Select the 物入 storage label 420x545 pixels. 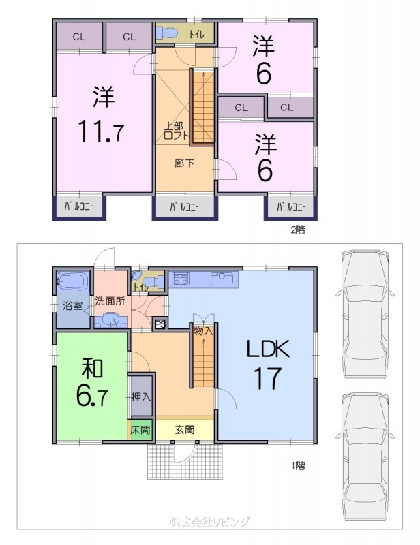click(x=203, y=332)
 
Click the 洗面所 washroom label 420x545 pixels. click(x=109, y=300)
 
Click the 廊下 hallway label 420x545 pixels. click(x=184, y=163)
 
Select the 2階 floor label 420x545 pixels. click(x=297, y=230)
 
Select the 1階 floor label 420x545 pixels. click(x=297, y=466)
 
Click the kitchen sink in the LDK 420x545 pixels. click(x=222, y=279)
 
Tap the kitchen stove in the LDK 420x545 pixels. click(x=181, y=279)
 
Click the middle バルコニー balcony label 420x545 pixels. click(x=184, y=206)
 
